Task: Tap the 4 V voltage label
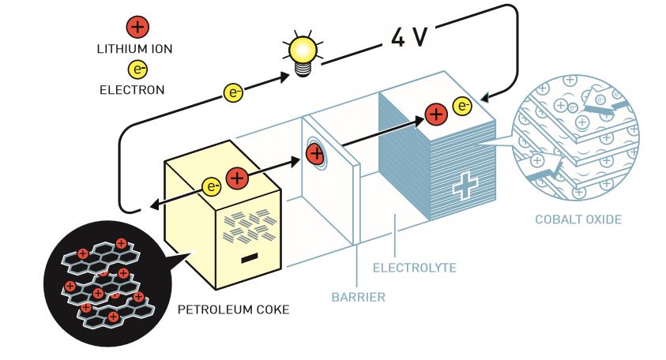[x=407, y=37]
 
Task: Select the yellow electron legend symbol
[x=138, y=71]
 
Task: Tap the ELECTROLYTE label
[x=414, y=268]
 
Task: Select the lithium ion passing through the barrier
[x=315, y=153]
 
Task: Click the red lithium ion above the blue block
[x=435, y=114]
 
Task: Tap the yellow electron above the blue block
[x=463, y=106]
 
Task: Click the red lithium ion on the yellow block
[x=237, y=178]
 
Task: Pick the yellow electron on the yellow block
[x=212, y=187]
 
